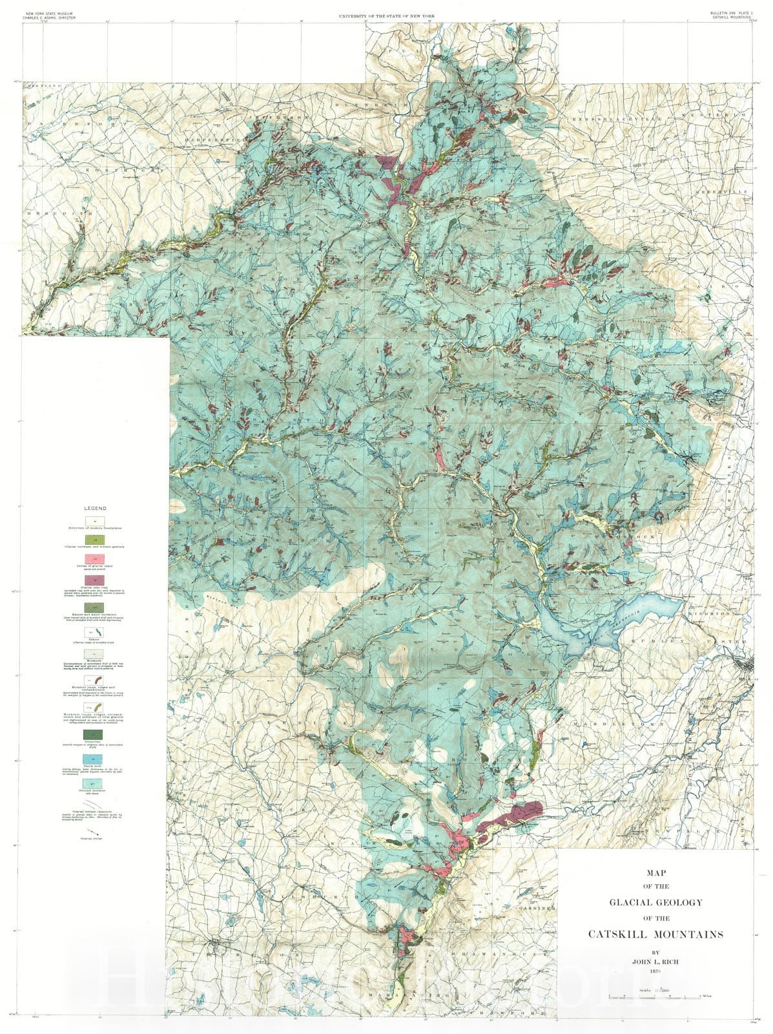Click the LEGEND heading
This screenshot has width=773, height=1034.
click(96, 509)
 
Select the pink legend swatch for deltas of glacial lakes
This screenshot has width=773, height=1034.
click(96, 558)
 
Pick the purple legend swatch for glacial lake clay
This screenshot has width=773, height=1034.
click(96, 580)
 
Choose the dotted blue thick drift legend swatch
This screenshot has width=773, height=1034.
click(96, 757)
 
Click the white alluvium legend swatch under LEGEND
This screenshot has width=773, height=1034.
click(96, 520)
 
